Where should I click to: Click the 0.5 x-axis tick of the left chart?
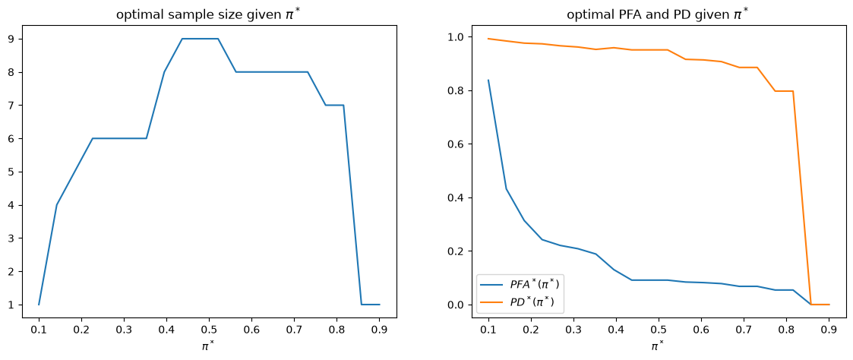coord(209,330)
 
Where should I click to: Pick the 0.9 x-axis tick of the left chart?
coord(379,330)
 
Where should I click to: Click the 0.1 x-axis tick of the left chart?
coord(39,330)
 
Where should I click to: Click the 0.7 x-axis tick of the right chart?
coord(744,330)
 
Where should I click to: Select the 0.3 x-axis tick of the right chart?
coord(573,330)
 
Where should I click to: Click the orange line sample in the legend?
coord(492,302)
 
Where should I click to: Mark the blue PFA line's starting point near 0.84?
coord(488,80)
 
